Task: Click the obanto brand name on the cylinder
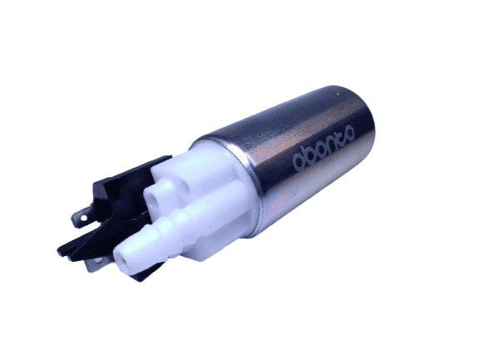(324, 148)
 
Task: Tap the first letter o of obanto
(299, 163)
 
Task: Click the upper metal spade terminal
(82, 217)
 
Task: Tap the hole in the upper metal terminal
(82, 218)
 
